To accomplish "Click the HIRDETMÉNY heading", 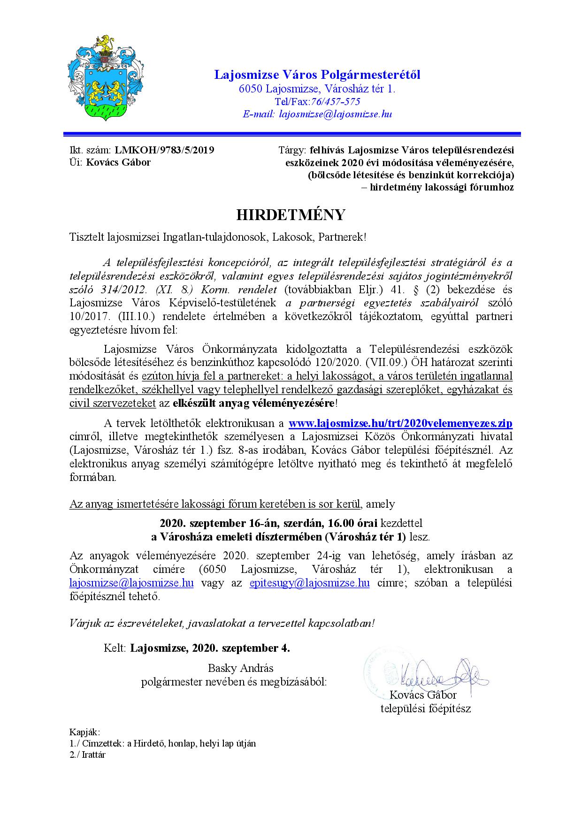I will click(x=291, y=215).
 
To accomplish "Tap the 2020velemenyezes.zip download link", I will click(x=400, y=423).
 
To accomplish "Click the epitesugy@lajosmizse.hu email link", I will click(x=309, y=583).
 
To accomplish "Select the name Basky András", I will click(x=240, y=668).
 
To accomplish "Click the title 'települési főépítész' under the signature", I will click(x=425, y=708).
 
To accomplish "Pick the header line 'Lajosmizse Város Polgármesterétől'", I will click(x=317, y=75).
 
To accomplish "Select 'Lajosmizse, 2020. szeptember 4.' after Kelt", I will click(x=210, y=648).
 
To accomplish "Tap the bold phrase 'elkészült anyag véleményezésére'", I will click(x=253, y=403).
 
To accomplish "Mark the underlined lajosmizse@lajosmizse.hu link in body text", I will click(x=131, y=583).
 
